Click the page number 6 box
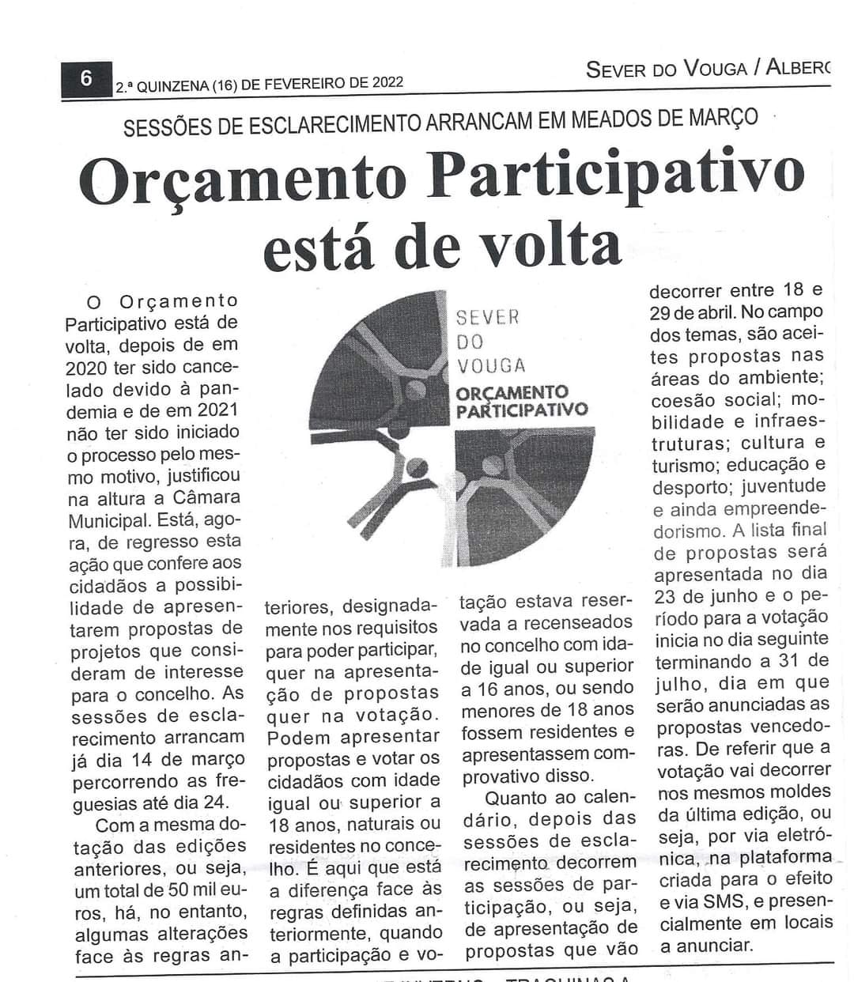[86, 80]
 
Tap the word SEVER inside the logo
[488, 318]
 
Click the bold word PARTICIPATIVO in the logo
[522, 410]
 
